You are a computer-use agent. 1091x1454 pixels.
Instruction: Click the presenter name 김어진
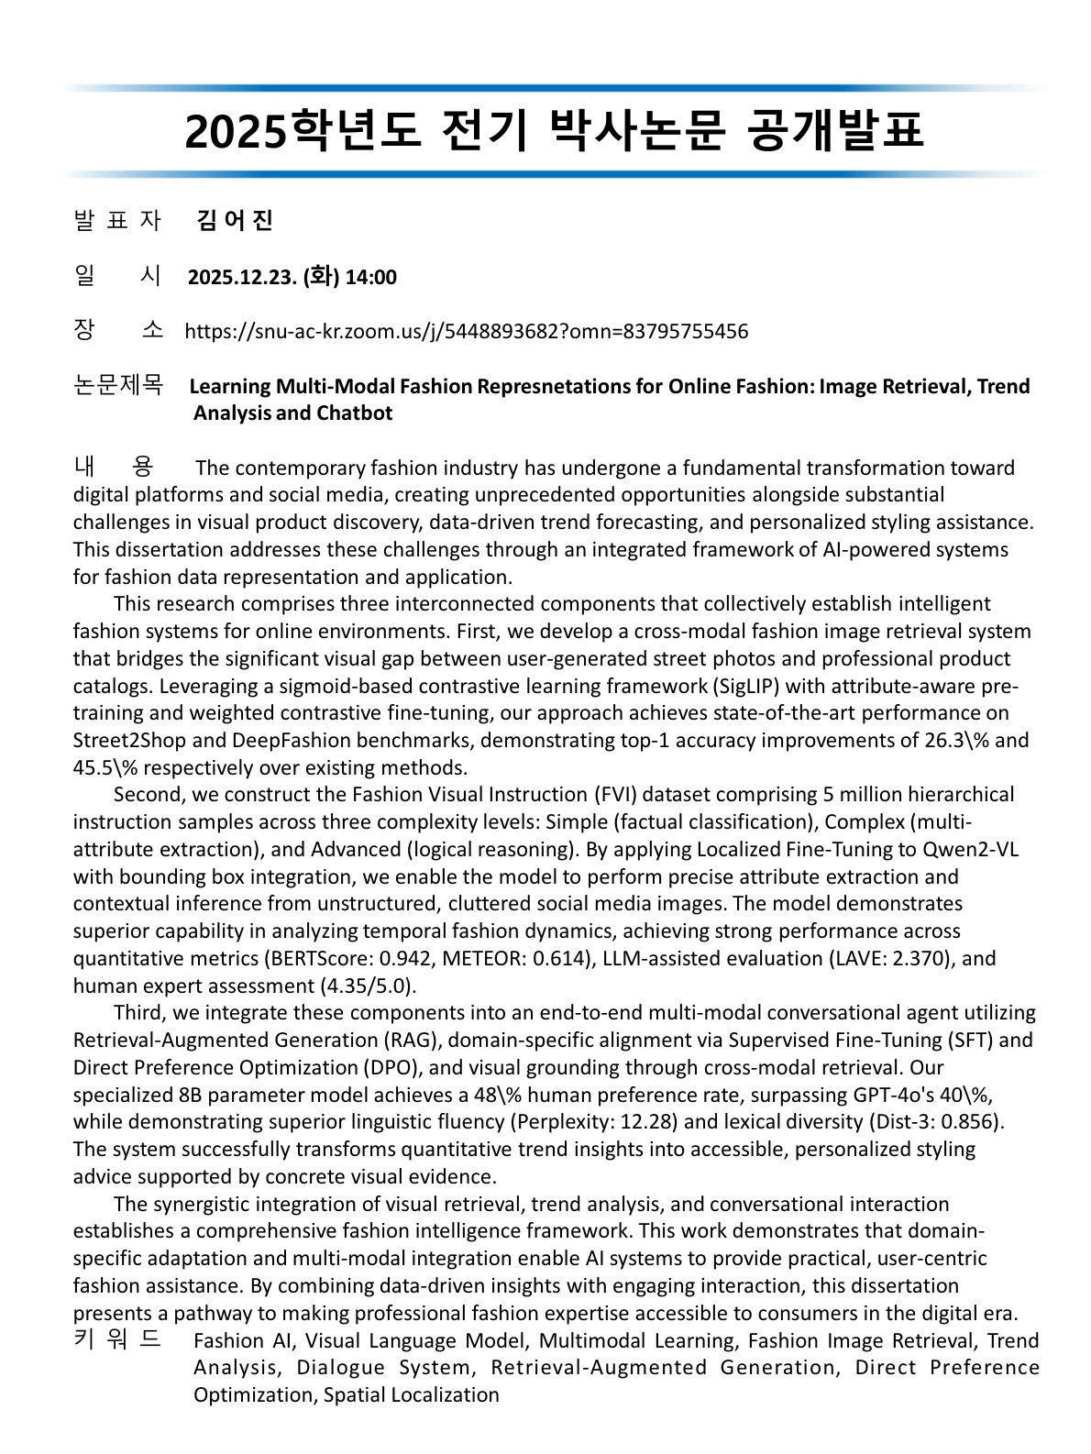coord(235,221)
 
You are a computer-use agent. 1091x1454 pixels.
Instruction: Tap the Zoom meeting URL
coord(466,331)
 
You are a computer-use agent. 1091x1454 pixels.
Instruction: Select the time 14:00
coord(370,277)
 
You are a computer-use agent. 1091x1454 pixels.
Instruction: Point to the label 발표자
coord(116,221)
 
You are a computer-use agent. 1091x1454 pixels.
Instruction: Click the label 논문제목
coord(117,385)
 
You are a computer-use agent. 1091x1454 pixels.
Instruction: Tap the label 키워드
coord(116,1339)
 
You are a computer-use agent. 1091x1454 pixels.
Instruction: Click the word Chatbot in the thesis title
coord(355,413)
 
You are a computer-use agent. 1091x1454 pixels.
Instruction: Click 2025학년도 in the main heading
coord(302,131)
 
